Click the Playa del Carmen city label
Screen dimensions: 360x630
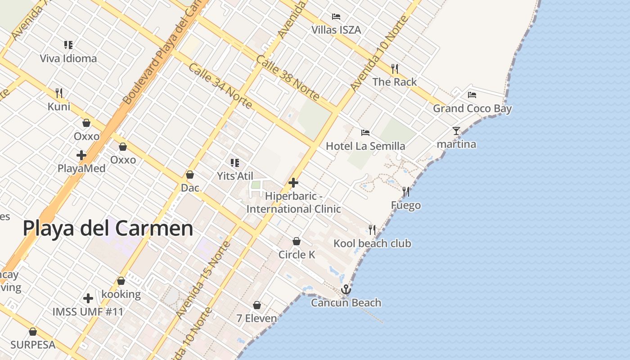[x=108, y=228]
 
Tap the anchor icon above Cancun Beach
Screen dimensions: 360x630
[x=346, y=289]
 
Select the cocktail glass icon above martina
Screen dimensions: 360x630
[x=456, y=131]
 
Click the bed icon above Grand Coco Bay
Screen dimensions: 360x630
[x=472, y=94]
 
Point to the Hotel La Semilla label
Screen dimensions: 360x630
[x=365, y=146]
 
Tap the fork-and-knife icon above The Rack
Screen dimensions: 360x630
[x=395, y=68]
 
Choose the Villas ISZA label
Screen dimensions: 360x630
[x=336, y=30]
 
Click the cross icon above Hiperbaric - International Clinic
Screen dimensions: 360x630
[x=293, y=183]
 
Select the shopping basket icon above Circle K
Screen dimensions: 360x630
[x=297, y=241]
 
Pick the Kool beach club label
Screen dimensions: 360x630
[x=372, y=243]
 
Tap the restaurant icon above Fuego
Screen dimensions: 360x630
[x=406, y=192]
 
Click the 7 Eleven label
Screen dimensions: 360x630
[x=256, y=318]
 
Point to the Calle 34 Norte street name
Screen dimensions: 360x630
[x=220, y=86]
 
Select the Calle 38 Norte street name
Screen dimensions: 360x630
[x=288, y=78]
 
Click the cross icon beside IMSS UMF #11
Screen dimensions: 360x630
[x=88, y=298]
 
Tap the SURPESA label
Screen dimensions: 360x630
[x=33, y=345]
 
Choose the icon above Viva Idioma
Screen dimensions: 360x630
[x=68, y=45]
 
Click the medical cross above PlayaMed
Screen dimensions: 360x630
[x=81, y=155]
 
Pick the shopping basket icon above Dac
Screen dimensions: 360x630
[x=190, y=175]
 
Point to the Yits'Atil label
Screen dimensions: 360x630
[x=235, y=176]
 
